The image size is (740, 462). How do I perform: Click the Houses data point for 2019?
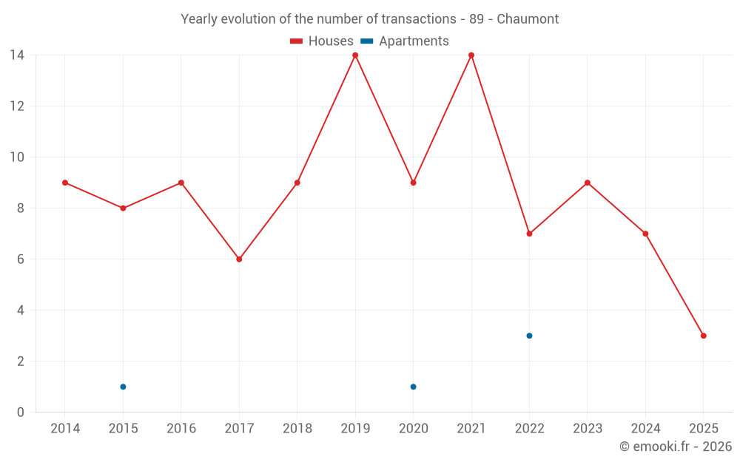(355, 55)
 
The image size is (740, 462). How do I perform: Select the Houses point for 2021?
(471, 55)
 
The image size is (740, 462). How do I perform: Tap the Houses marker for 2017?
(239, 259)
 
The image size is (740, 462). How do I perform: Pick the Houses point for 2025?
(703, 336)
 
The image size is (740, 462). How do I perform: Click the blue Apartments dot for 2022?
(529, 336)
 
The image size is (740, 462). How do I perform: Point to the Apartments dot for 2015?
(123, 387)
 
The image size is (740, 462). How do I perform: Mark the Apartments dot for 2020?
(413, 387)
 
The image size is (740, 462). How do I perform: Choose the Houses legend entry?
(321, 41)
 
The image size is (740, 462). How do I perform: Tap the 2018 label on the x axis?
(297, 429)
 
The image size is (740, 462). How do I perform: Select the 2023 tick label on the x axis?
(587, 429)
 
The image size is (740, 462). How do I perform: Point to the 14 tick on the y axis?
(16, 55)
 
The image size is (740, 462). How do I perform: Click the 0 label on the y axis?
(20, 412)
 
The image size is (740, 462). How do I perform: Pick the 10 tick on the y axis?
(16, 157)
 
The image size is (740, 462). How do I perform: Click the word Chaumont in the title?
(528, 18)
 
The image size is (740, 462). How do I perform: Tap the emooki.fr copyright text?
(675, 446)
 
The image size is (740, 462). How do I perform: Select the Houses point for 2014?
(65, 183)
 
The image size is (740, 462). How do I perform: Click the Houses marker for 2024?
(645, 234)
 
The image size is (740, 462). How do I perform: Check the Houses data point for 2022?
(529, 234)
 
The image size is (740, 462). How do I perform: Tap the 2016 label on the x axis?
(181, 429)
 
